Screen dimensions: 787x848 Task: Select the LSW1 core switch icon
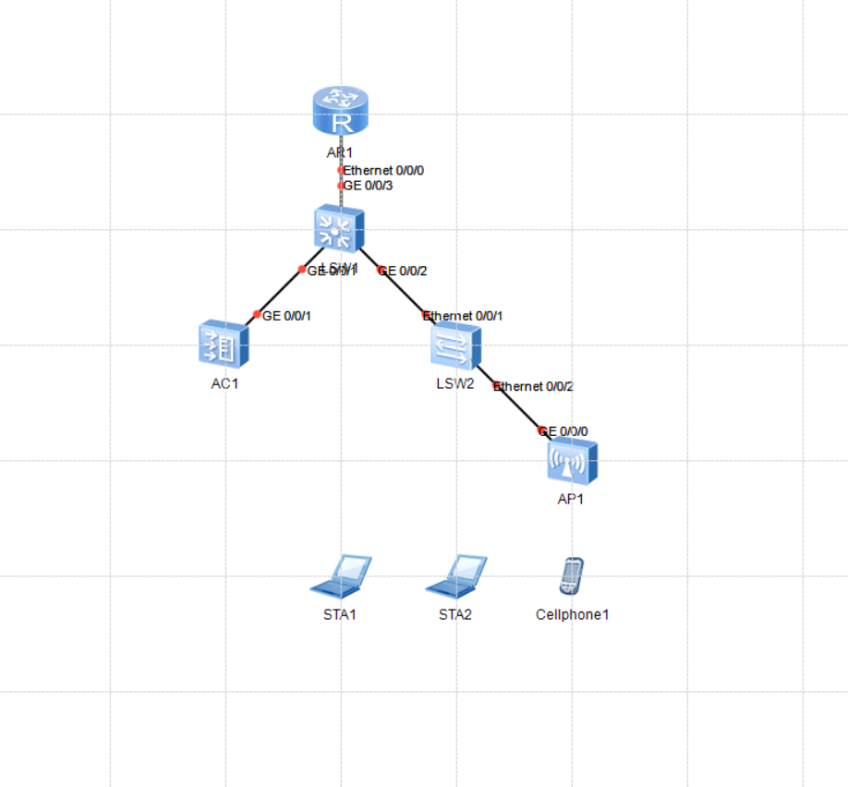339,228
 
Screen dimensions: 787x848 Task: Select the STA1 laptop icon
340,576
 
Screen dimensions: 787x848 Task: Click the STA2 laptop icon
455,576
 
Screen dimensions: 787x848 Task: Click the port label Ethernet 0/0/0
383,171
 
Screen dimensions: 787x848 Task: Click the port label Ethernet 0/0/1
465,316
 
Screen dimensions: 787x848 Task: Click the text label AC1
224,383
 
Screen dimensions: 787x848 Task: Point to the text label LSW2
455,383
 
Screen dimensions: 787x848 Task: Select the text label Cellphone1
572,614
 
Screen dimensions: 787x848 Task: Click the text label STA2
455,614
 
